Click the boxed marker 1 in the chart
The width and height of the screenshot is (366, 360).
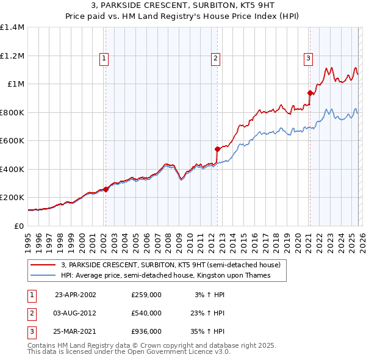pyautogui.click(x=105, y=59)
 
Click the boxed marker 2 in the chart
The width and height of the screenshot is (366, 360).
pyautogui.click(x=216, y=59)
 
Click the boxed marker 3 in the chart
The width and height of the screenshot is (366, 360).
pyautogui.click(x=309, y=59)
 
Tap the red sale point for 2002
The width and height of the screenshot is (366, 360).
pyautogui.click(x=106, y=189)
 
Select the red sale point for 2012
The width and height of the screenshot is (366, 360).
pyautogui.click(x=217, y=148)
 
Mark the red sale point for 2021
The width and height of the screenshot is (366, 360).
pyautogui.click(x=310, y=93)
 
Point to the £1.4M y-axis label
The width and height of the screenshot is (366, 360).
pyautogui.click(x=12, y=27)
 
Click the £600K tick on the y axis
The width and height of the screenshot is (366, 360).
pyautogui.click(x=12, y=141)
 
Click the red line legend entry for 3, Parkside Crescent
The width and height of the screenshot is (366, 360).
pyautogui.click(x=170, y=265)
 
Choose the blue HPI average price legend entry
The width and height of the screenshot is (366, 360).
pyautogui.click(x=165, y=275)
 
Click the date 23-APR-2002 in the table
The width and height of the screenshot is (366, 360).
pyautogui.click(x=75, y=294)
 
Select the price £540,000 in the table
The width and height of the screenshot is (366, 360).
pyautogui.click(x=146, y=313)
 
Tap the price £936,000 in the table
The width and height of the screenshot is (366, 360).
pyautogui.click(x=146, y=332)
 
